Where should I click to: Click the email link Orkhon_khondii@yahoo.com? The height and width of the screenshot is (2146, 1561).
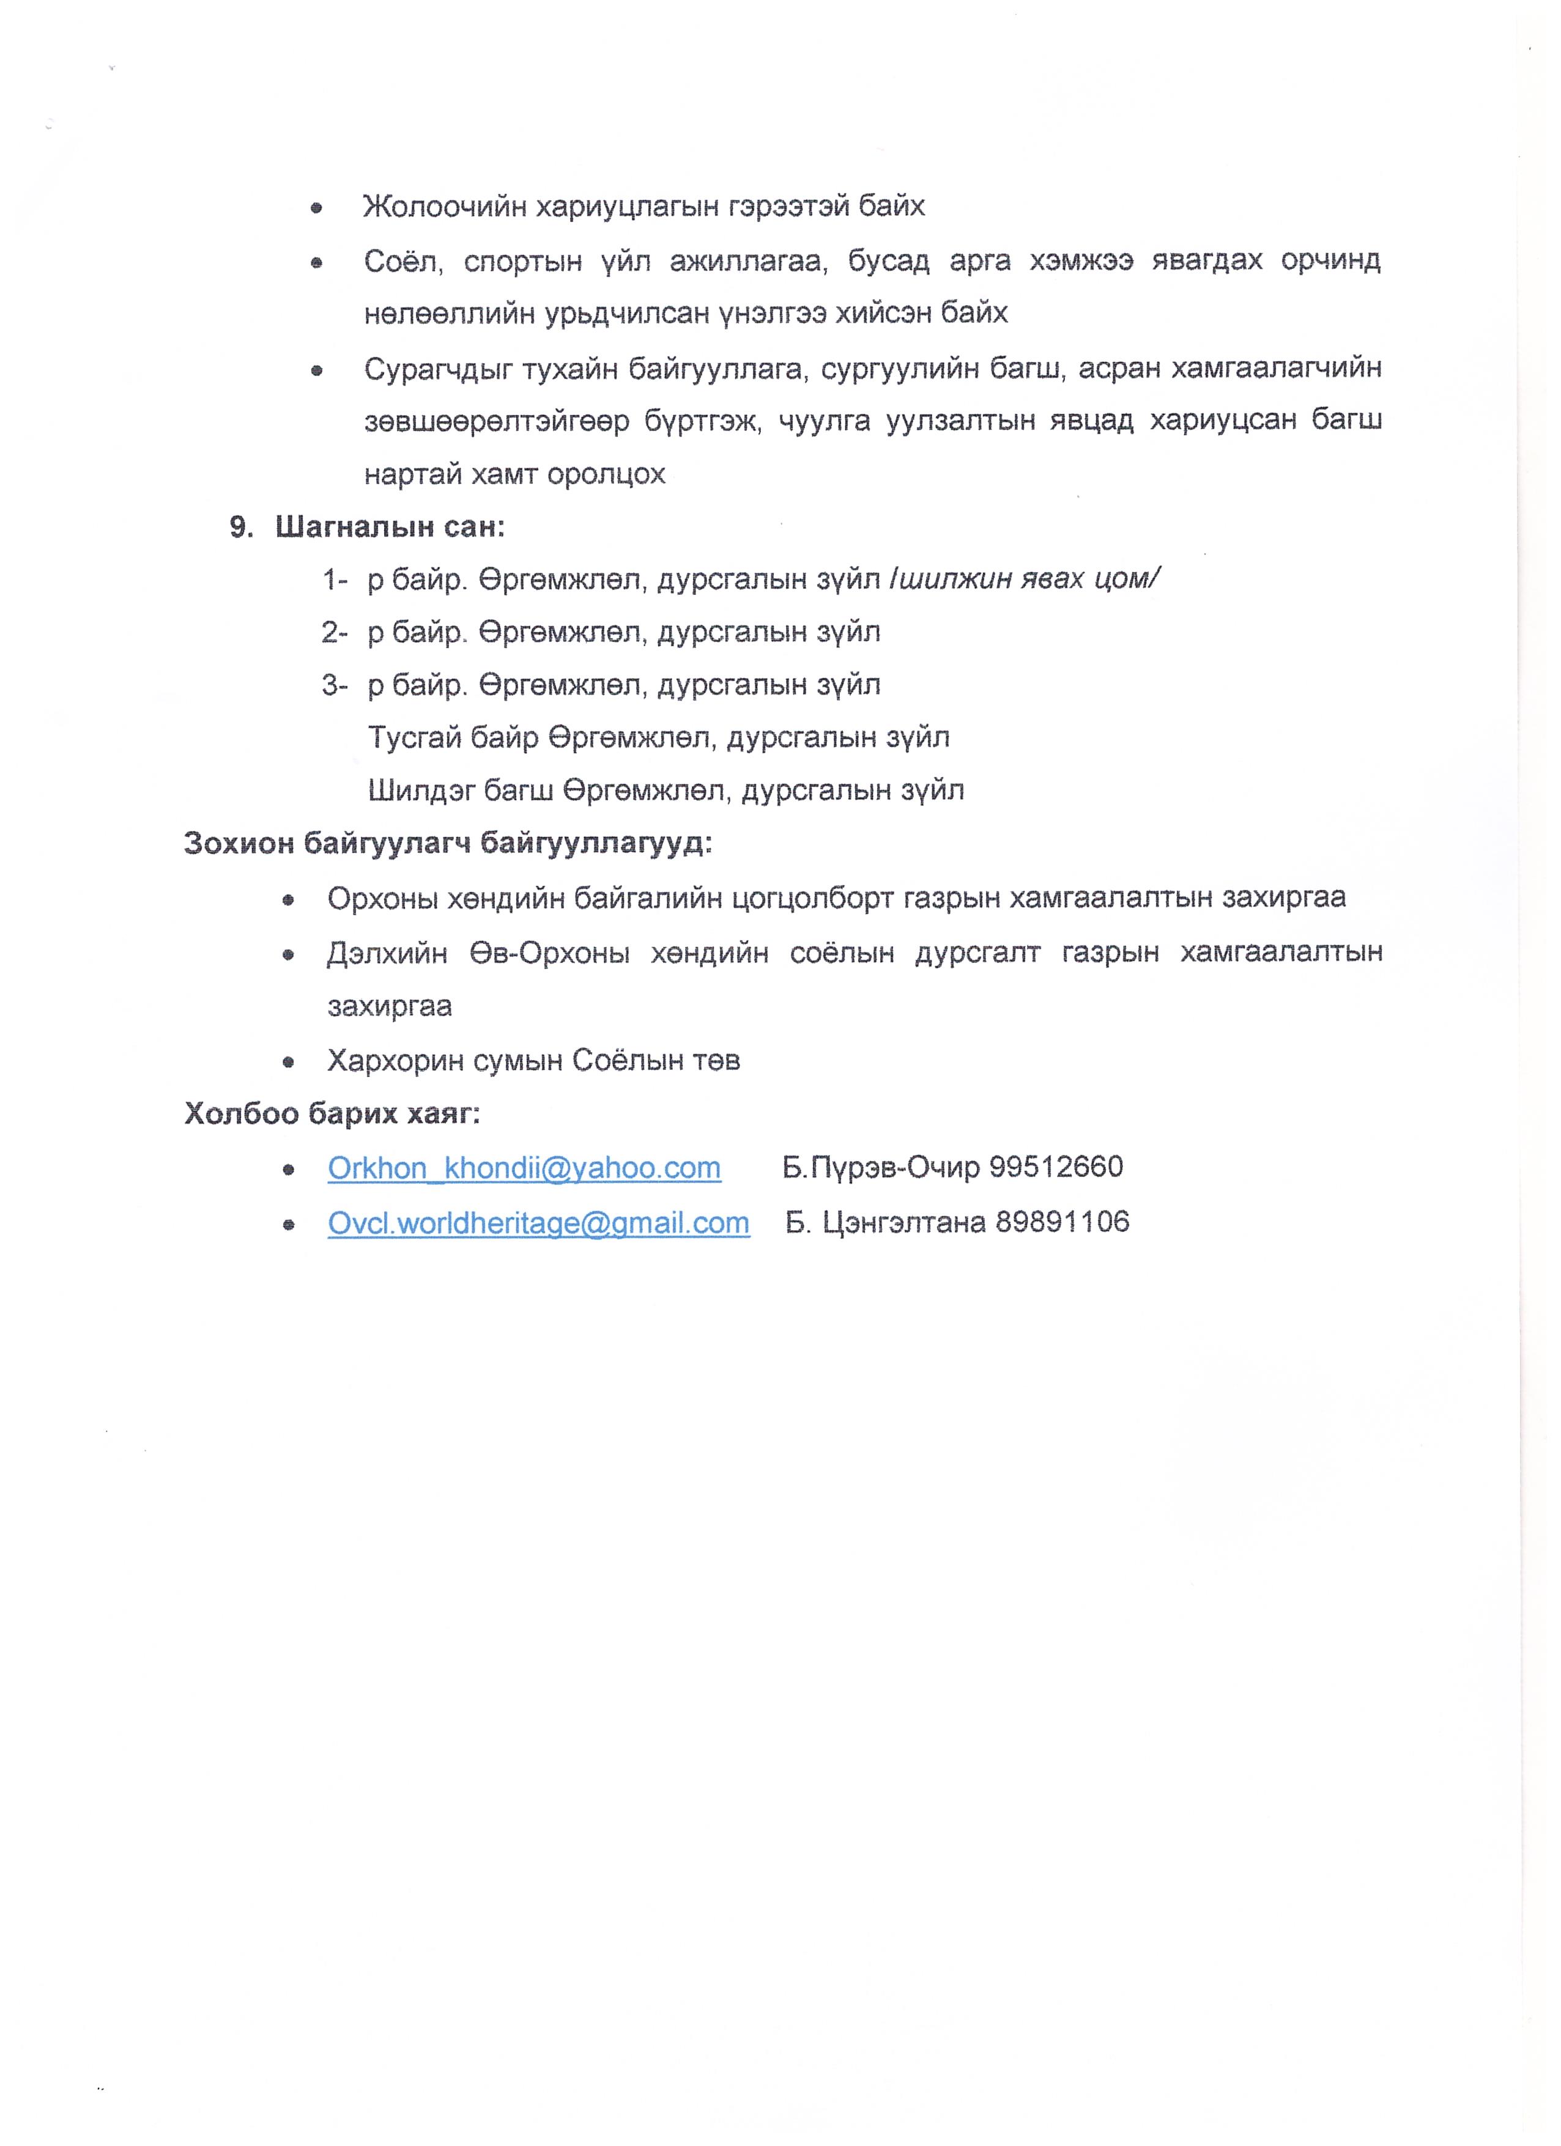tap(524, 1168)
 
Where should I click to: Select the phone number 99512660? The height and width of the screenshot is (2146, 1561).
tap(1056, 1167)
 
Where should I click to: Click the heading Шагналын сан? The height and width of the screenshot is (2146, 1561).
tap(390, 527)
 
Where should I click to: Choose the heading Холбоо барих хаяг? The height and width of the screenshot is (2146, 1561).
tap(332, 1114)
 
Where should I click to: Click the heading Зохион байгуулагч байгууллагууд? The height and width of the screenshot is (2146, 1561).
tap(448, 843)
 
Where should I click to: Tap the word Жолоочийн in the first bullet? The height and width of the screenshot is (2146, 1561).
tap(444, 206)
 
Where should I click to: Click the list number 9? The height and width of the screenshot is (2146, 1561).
tap(240, 527)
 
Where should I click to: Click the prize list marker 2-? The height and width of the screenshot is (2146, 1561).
tap(334, 632)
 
